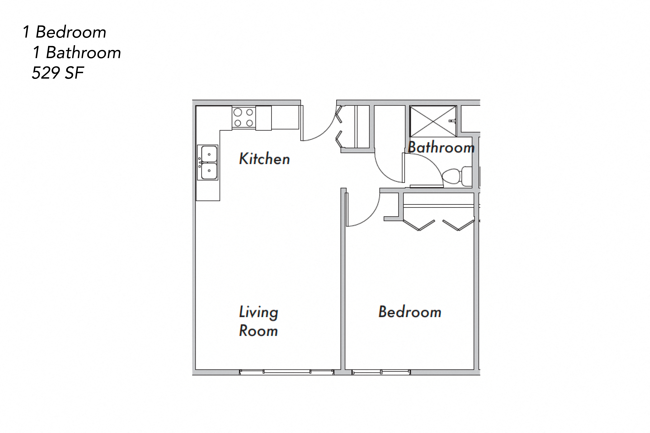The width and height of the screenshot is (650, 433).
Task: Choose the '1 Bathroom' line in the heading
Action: [x=77, y=53]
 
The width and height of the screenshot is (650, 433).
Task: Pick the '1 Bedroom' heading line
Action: [x=64, y=32]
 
